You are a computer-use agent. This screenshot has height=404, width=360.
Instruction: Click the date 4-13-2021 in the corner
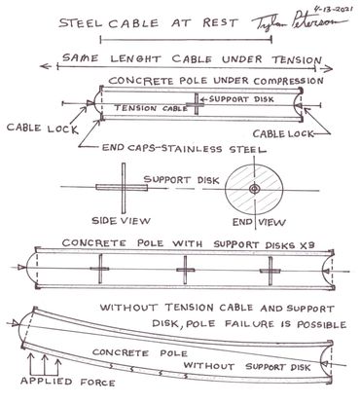(x=333, y=9)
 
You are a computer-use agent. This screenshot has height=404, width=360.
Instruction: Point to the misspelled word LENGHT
(x=135, y=58)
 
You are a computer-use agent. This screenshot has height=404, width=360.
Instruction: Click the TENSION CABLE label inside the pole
(x=151, y=108)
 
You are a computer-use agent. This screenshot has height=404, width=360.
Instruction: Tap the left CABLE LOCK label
(x=43, y=129)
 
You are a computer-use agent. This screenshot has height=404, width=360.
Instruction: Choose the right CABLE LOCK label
(x=283, y=133)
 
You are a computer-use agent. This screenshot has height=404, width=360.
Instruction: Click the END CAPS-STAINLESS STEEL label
(x=184, y=149)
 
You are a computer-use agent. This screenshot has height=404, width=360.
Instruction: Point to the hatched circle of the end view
(x=254, y=189)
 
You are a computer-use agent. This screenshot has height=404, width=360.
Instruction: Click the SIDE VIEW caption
(x=122, y=221)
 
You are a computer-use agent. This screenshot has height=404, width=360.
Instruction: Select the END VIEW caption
(x=259, y=222)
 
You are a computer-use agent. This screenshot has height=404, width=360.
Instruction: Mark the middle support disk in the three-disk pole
(x=185, y=270)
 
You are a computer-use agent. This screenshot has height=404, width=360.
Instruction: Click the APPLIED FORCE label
(x=68, y=382)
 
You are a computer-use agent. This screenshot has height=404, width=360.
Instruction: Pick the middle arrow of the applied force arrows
(x=45, y=365)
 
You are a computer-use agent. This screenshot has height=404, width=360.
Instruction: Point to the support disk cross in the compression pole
(x=196, y=104)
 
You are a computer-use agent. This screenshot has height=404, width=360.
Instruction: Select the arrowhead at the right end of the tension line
(x=328, y=68)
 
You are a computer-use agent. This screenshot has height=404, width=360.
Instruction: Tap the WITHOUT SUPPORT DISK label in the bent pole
(x=247, y=367)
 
